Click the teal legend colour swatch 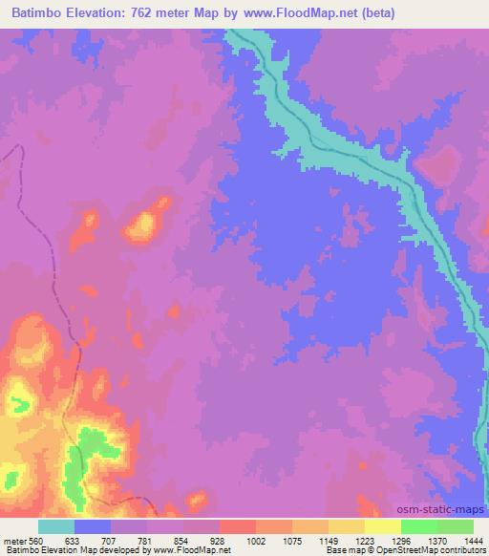(56, 526)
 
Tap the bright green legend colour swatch (418, 526)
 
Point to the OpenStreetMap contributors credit (436, 551)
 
